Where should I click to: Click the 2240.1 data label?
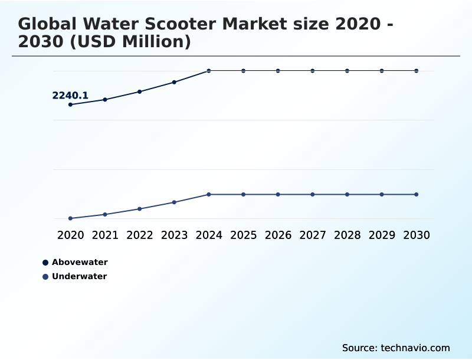70,96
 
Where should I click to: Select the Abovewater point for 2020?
70,104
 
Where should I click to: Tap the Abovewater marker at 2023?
174,82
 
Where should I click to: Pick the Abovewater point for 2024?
209,71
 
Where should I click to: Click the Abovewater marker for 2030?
416,71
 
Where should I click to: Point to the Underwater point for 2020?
70,218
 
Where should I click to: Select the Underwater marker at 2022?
140,209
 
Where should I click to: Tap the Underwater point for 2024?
209,194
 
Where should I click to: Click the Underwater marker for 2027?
313,194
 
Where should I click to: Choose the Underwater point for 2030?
416,194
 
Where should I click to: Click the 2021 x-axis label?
105,235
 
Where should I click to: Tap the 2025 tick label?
243,235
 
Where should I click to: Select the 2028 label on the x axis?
347,235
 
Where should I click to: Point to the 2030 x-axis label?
416,235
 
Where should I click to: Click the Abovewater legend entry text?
80,262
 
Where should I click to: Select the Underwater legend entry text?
79,276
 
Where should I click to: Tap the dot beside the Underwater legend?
45,276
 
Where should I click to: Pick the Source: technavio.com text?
396,348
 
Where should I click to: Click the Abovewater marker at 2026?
278,71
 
